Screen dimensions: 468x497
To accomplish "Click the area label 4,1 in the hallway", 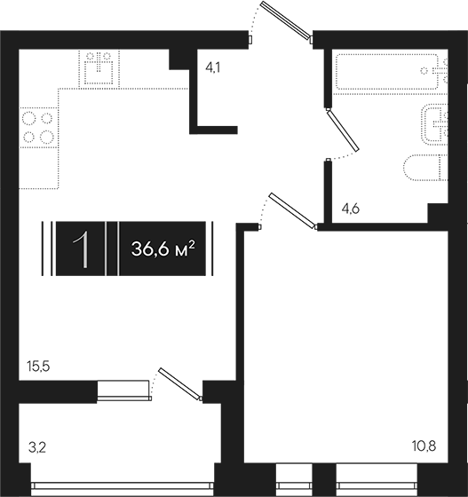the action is [213, 67].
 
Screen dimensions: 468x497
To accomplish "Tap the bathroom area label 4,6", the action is [351, 209].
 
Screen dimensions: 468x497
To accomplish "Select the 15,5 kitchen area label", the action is [39, 367].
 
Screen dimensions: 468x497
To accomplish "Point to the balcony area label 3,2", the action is [37, 448].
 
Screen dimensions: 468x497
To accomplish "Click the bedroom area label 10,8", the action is [424, 446].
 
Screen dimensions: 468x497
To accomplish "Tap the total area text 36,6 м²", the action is [163, 248].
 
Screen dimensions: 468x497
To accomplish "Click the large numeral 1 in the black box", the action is [81, 249].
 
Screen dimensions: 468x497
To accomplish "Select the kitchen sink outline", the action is [99, 68].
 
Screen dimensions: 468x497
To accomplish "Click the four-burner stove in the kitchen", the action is [38, 128].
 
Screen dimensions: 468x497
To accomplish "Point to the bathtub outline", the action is [387, 72].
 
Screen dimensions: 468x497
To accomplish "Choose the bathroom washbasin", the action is [435, 124].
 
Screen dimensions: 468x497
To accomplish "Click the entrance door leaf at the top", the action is [285, 20].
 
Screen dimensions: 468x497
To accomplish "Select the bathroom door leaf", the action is [343, 130].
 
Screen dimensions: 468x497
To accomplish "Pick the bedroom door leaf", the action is [292, 210].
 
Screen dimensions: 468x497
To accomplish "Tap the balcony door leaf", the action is [179, 383].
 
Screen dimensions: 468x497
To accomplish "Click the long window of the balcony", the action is [123, 486].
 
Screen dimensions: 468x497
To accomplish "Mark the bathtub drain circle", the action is [424, 70].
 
